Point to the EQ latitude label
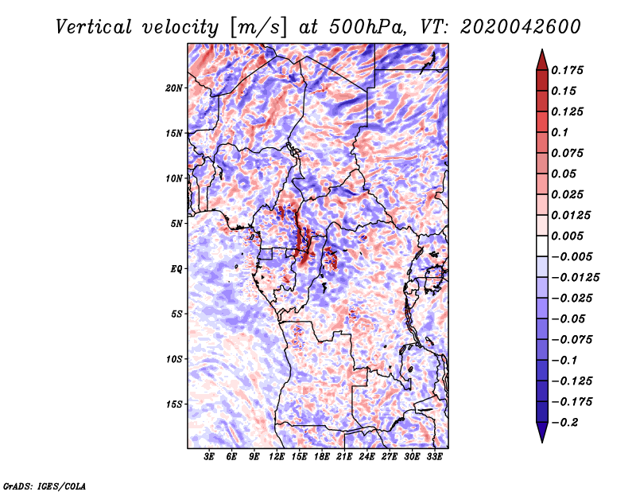176,268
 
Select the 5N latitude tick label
177,224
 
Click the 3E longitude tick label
210,458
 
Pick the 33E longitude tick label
434,458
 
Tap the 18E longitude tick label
322,458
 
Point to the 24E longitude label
366,458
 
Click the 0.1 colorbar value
560,132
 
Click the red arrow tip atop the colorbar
541,57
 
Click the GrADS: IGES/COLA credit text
45,485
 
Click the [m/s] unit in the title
257,26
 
